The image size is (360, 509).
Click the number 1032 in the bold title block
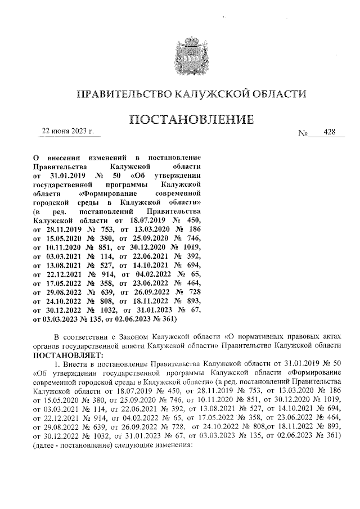tap(103, 309)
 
